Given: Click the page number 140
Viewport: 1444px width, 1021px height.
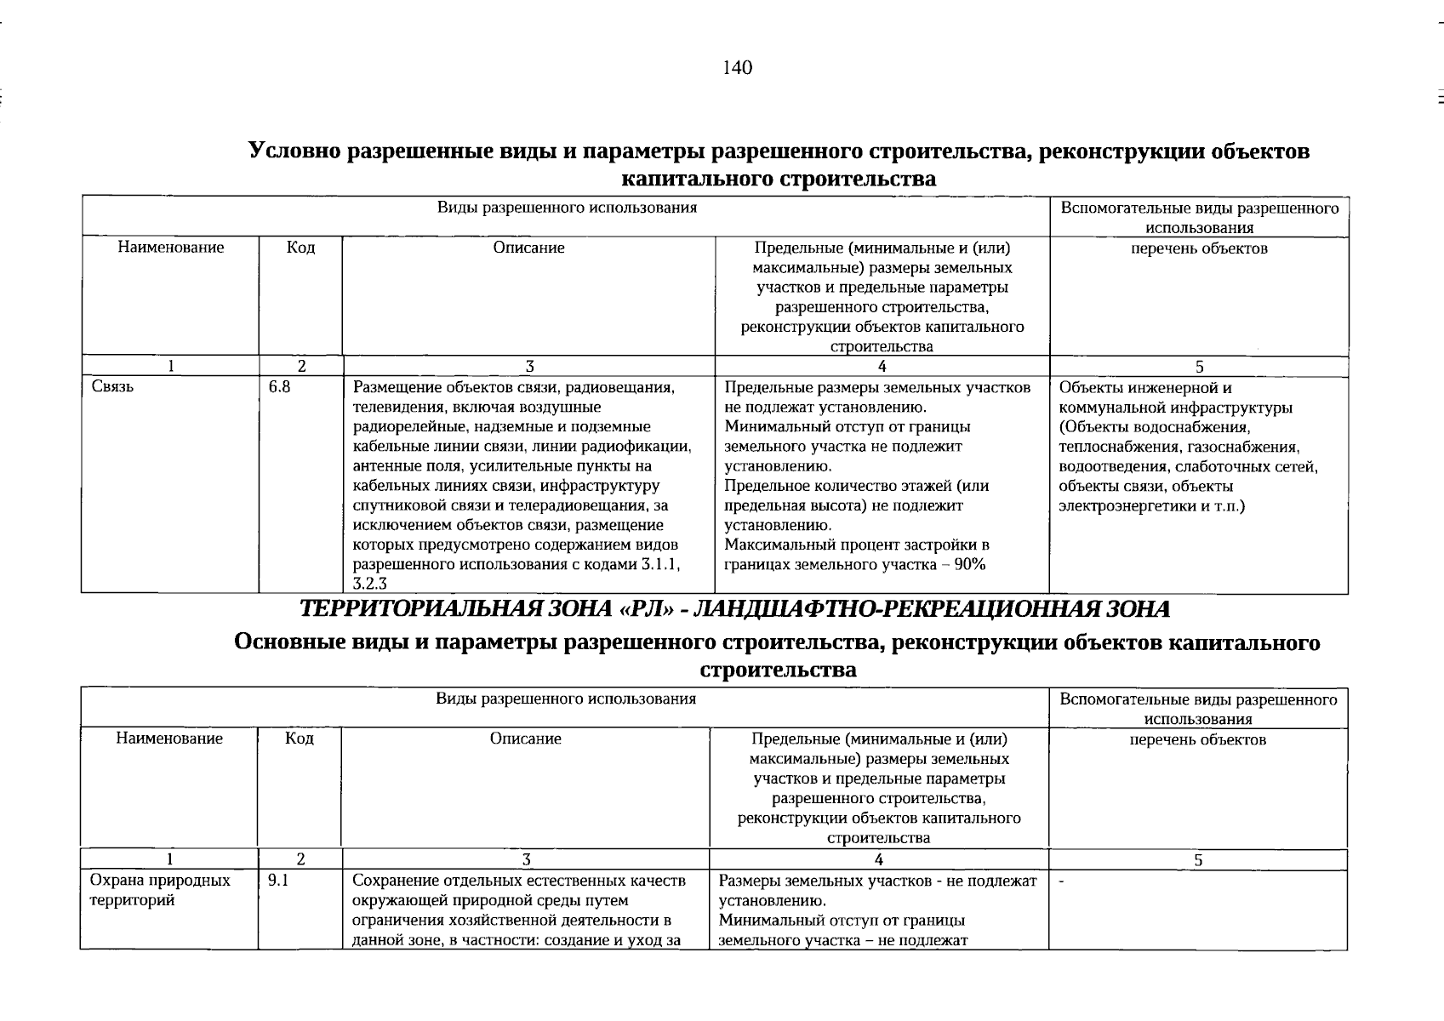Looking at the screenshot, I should pos(737,68).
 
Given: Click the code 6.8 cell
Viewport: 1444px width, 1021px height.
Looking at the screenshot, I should pos(280,388).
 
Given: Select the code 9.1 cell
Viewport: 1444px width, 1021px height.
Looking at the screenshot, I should pos(278,881).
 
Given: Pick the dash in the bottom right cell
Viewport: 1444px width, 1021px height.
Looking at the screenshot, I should pos(1061,882).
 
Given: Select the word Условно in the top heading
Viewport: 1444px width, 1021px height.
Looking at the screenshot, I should pos(294,151).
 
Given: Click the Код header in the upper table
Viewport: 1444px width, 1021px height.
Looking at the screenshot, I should pos(300,248).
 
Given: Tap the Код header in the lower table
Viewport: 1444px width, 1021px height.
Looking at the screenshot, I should pos(300,739).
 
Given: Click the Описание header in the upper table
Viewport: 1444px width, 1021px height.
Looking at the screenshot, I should pos(528,248).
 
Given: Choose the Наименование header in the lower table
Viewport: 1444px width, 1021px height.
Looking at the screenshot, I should pos(169,739).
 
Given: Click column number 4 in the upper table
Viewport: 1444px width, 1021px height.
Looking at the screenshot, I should pos(882,367).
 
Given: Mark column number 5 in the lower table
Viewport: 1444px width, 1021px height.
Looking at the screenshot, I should pos(1198,860).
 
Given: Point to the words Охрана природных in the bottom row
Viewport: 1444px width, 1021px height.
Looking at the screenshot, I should pos(160,881).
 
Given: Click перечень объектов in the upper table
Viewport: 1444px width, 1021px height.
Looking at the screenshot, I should pos(1199,248).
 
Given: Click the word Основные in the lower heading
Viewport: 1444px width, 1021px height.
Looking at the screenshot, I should pos(289,643).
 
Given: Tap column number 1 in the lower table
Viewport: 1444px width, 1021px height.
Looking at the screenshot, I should pos(170,860).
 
